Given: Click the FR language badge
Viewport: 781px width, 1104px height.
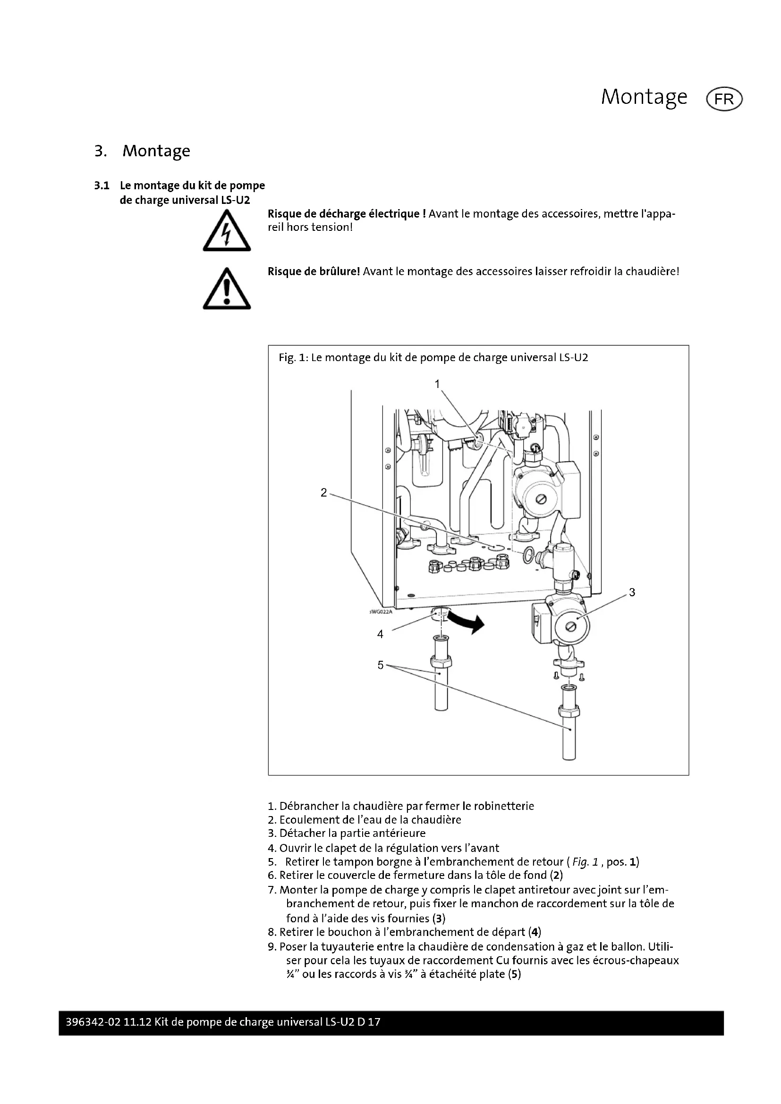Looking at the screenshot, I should [x=724, y=99].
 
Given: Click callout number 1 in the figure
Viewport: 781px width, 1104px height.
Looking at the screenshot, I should [x=437, y=384].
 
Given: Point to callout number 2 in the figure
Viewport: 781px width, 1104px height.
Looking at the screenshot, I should [x=323, y=492].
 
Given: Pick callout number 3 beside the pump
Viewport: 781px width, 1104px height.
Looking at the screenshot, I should [x=632, y=592].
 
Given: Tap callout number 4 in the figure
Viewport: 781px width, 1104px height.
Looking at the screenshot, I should [x=380, y=634].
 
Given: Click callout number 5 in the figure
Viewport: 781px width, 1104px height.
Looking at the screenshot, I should [x=381, y=665].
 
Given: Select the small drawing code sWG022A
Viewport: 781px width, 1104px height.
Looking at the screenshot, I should [x=381, y=612].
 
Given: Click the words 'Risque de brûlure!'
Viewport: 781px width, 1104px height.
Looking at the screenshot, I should [x=314, y=272].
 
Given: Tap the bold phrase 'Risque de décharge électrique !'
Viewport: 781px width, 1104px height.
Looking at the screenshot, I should [x=346, y=214].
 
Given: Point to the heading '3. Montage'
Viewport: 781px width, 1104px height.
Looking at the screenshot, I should [x=142, y=151].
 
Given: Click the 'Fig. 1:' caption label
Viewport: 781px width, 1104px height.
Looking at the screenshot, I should [x=293, y=358].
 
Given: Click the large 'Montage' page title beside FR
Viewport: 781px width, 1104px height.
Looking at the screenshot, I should [x=644, y=98].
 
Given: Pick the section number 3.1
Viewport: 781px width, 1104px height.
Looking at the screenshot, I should [x=102, y=185].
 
